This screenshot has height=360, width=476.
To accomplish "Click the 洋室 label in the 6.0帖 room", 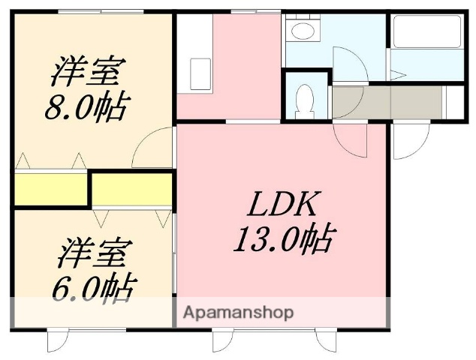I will point(94,253).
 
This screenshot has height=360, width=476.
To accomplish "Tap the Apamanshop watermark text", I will point(236,312).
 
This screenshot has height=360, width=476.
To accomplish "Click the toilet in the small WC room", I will point(305,100).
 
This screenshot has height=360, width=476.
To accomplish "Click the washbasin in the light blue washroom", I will point(303,31).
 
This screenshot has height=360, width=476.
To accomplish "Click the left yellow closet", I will point(50,189).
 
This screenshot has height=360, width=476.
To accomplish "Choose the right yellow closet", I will point(132,189).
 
